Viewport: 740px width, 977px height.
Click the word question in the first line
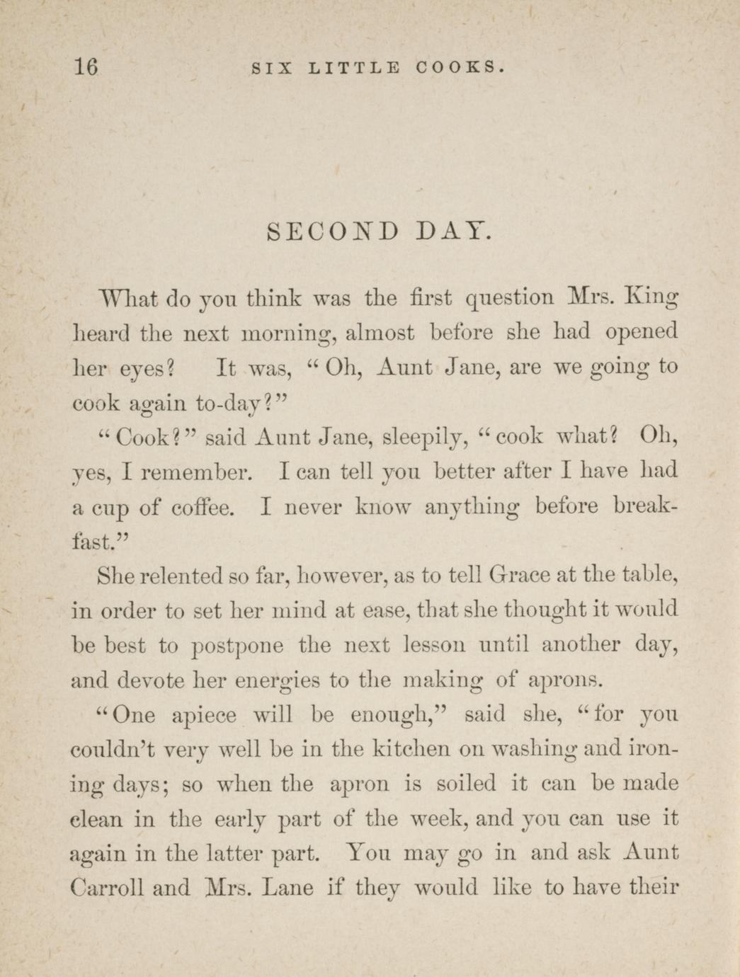[x=509, y=297]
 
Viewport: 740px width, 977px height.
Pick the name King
[x=651, y=297]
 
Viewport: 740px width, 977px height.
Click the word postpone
[x=238, y=646]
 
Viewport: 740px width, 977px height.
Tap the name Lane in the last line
[x=288, y=888]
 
